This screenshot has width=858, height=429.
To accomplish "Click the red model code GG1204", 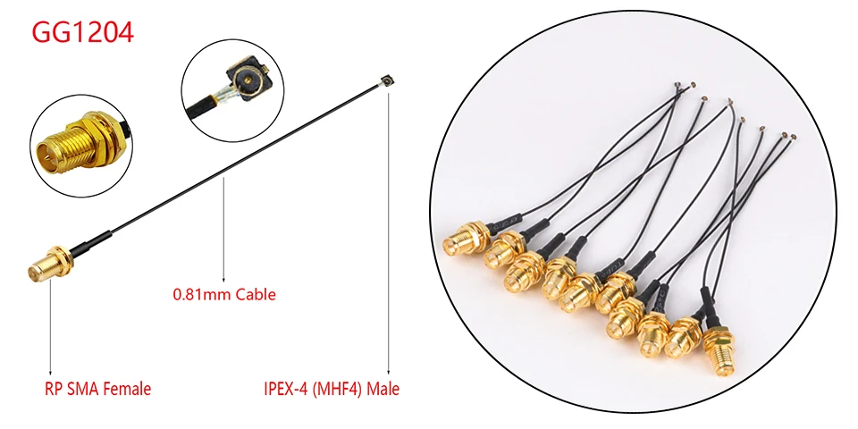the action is coord(83,33).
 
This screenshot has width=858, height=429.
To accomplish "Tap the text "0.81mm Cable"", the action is coord(223,293).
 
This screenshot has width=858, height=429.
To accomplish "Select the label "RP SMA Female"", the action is coord(97,389).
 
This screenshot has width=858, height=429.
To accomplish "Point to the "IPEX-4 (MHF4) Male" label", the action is coord(331,389).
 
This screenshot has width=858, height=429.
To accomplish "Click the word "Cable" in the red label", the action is coord(256,293).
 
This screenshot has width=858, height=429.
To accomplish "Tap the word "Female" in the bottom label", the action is coord(128,389).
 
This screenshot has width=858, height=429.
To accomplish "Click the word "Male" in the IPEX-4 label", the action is coord(383,389).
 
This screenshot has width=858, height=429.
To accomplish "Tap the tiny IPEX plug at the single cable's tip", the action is coord(388,82).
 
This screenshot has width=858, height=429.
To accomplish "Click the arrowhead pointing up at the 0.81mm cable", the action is coord(223,280).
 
